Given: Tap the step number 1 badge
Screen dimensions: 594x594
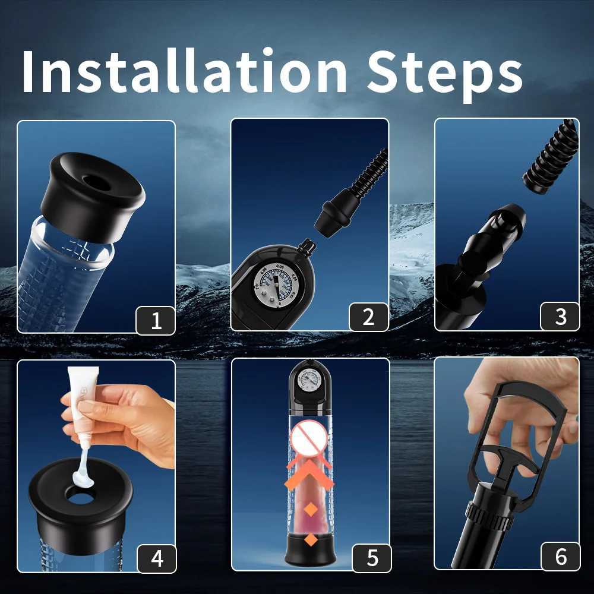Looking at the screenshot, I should click(156, 320).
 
